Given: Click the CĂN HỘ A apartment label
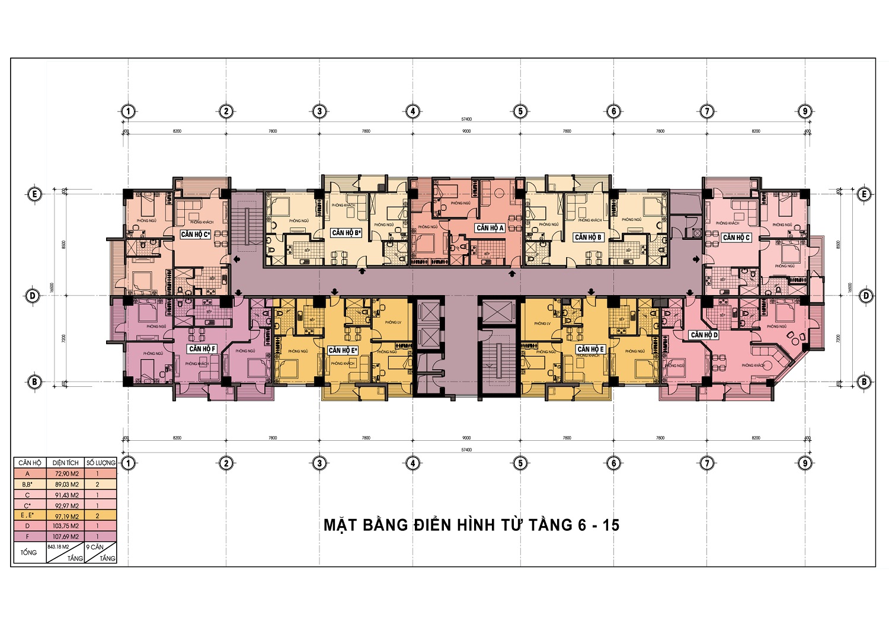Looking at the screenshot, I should pos(490,228).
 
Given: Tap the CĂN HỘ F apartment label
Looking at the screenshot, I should pos(202,349).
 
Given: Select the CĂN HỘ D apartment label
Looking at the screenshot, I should pos(704,335).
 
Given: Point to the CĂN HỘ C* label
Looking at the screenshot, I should pos(196,235).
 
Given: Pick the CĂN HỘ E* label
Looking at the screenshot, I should pos(343,351).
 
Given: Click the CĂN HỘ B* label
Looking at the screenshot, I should pos(346,233).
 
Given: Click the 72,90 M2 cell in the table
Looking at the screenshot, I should pos(66,474).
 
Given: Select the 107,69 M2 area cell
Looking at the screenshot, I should pos(66,537).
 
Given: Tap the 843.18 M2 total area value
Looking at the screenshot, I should pos(59,547).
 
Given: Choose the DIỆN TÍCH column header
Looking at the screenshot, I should pos(65,463).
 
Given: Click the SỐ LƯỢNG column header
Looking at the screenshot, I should pos(101,463).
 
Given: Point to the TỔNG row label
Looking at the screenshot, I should pos(28,553).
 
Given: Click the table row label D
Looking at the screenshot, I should pos(27,526).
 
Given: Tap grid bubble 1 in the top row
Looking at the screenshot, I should pos(128,111).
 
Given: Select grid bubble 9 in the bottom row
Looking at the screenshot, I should pos(804,463).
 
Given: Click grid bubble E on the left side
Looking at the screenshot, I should pos(34,194).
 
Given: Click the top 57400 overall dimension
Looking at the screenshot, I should pos(466,120).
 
